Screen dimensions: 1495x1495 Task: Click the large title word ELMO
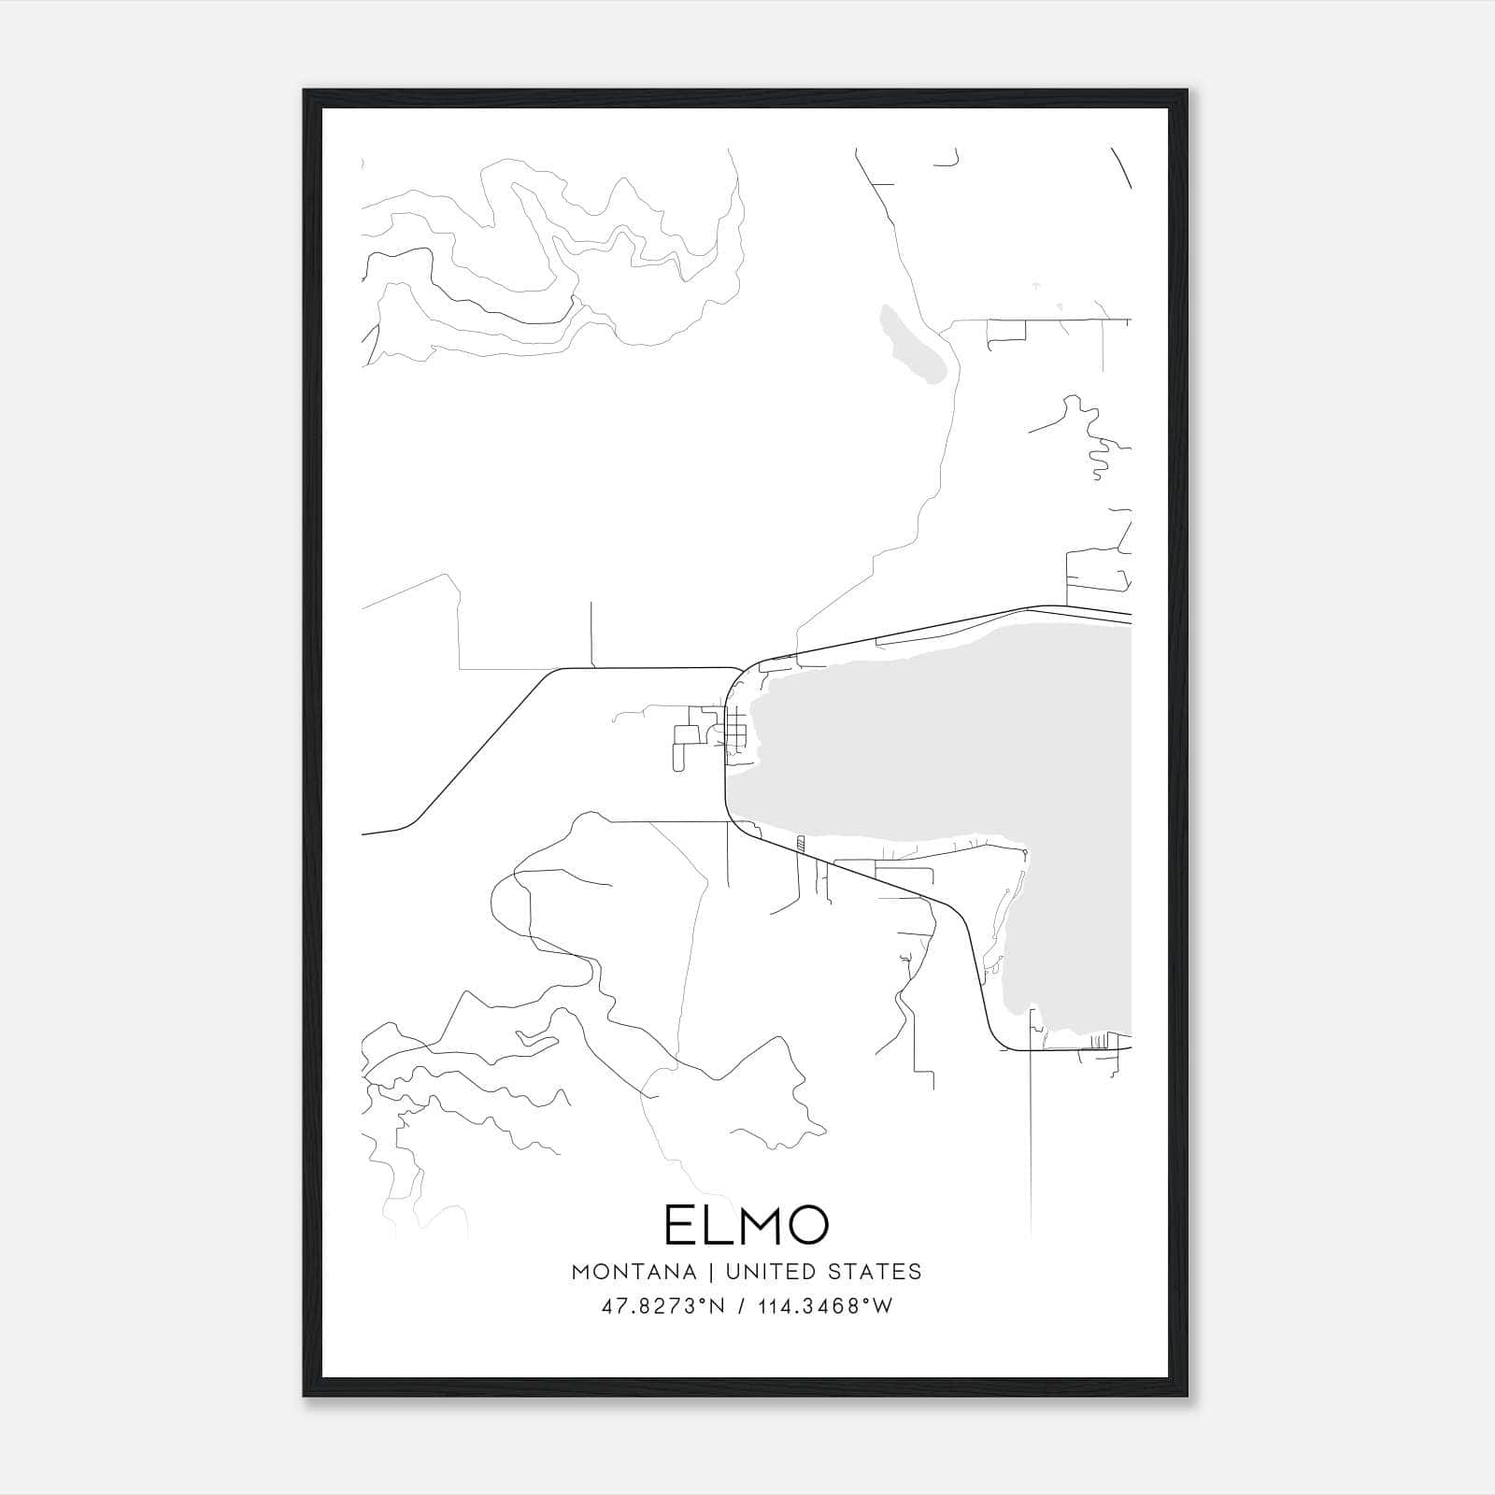[747, 1225]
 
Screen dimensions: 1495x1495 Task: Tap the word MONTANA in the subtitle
[634, 1272]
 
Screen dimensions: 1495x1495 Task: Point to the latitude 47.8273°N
[663, 1306]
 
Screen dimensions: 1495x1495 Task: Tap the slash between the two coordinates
[741, 1306]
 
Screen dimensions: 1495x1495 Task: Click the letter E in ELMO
[679, 1225]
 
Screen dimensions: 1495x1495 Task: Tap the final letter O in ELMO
[806, 1225]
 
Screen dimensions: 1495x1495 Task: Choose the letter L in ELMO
[712, 1225]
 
